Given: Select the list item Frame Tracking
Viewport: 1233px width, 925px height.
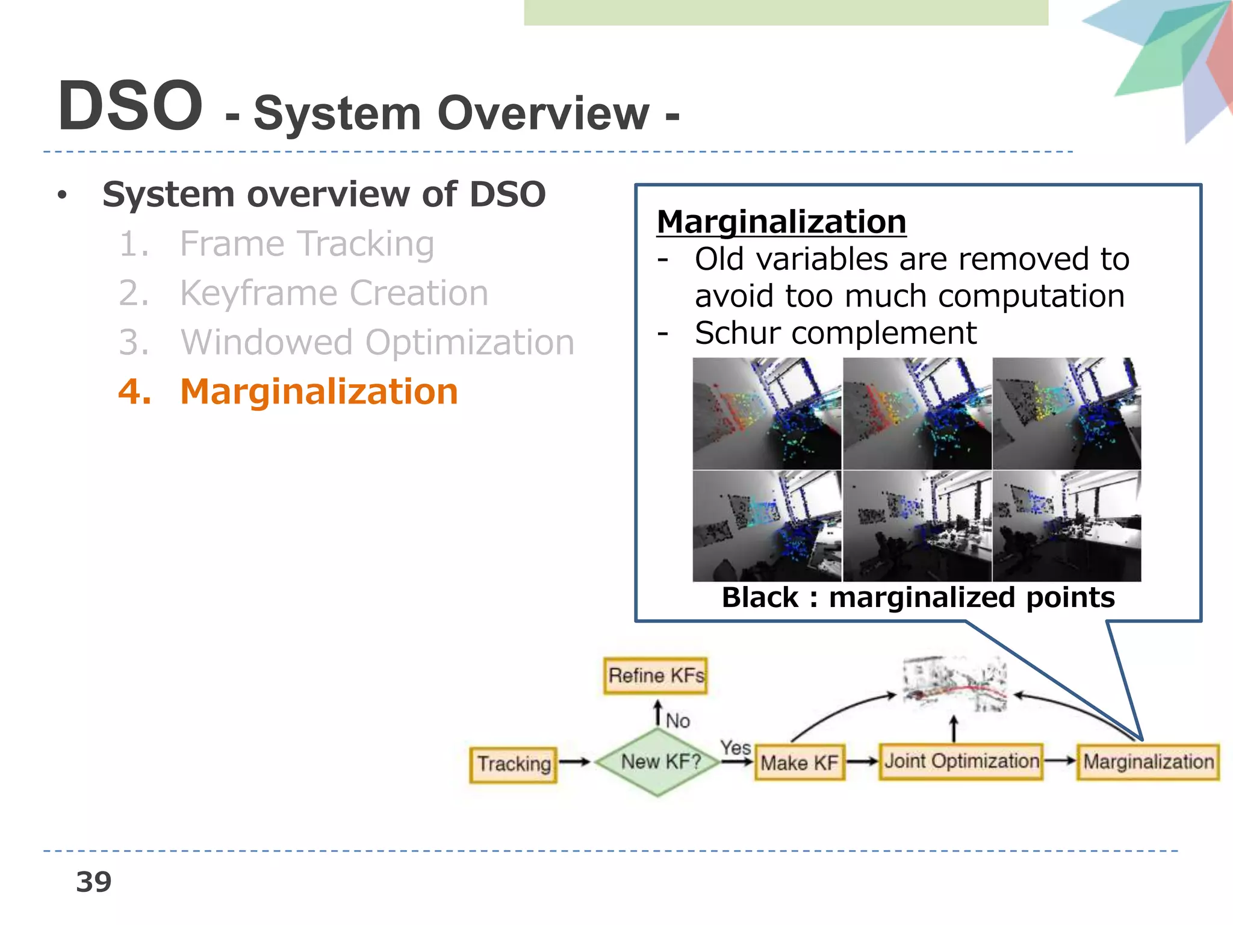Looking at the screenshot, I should point(306,244).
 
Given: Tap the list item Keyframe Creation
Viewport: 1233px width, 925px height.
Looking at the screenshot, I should point(334,293).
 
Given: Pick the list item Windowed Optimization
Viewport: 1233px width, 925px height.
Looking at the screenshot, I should point(377,343).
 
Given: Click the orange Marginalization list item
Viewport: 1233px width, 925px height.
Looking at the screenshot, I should point(318,391).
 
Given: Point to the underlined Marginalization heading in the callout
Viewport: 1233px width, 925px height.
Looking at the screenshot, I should point(781,222).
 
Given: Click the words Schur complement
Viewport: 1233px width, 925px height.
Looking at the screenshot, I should point(835,333).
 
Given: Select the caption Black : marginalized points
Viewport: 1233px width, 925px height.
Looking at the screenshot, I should point(918,597).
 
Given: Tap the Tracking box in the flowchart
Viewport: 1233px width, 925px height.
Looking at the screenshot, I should point(514,764).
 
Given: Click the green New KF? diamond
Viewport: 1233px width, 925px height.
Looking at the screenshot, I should point(659,762).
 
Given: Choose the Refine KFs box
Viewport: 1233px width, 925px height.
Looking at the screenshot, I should point(655,676).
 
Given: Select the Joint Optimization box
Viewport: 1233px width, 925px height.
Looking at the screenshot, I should point(961,761).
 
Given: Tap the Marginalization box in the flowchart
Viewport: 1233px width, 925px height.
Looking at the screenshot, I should point(1148,762).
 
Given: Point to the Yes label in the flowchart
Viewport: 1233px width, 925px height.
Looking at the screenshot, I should point(735,747).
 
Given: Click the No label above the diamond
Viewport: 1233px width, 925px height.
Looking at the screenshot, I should point(678,720).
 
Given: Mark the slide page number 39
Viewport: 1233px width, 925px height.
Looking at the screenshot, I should point(94,882).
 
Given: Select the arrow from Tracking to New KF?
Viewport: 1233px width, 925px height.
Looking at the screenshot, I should point(574,762).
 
